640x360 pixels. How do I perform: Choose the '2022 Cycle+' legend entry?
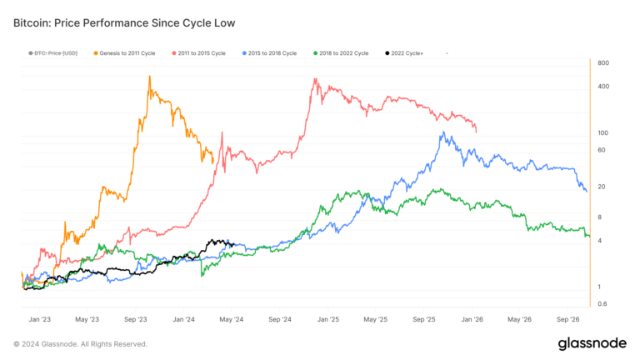coord(407,53)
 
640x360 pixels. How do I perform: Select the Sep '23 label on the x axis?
coord(136,319)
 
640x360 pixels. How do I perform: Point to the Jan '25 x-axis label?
coord(328,319)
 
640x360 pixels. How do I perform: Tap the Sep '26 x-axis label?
coord(568,319)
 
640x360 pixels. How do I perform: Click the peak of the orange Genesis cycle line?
coord(149,77)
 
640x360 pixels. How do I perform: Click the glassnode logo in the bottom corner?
coord(593,343)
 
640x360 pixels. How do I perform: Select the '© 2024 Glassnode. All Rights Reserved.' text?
coord(80,343)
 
